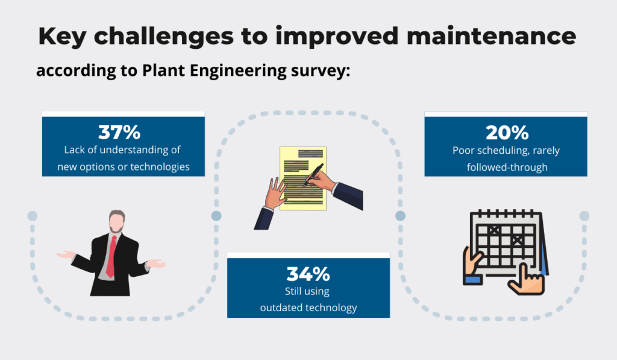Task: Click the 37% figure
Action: click(x=119, y=132)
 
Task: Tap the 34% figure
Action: click(x=308, y=274)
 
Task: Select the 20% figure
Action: click(x=507, y=133)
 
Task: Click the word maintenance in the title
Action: click(x=491, y=36)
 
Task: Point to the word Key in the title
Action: click(x=62, y=37)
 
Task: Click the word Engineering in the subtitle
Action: click(x=238, y=71)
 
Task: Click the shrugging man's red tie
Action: click(x=111, y=256)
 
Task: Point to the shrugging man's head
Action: click(x=117, y=221)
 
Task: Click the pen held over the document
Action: click(x=313, y=175)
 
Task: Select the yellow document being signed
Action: click(x=303, y=178)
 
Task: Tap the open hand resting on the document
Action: click(x=275, y=193)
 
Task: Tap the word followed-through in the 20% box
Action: click(x=507, y=168)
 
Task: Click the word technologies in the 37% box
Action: click(x=160, y=167)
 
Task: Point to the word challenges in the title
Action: click(x=164, y=37)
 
